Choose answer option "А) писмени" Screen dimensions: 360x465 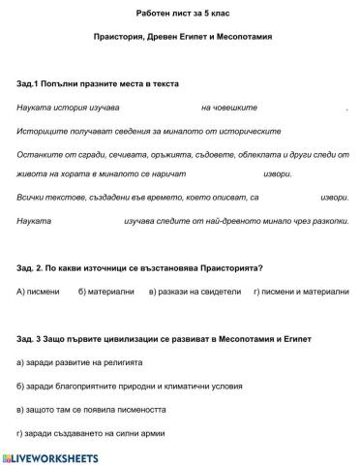click(39, 291)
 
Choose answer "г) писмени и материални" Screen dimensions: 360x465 click(301, 291)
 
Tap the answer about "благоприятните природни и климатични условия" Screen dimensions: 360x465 click(131, 386)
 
